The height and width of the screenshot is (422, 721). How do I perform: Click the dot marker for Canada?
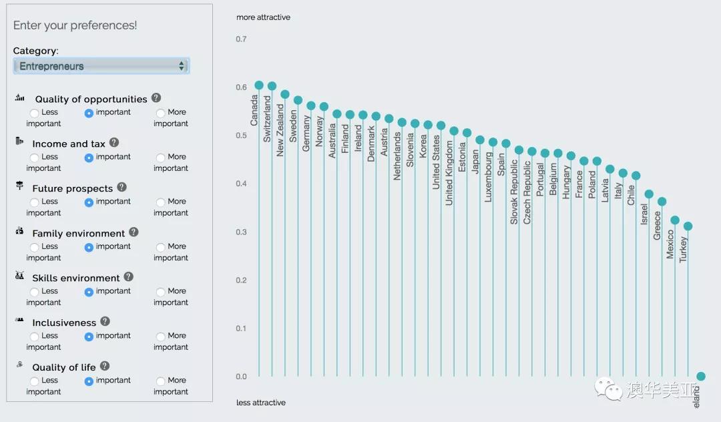click(x=259, y=85)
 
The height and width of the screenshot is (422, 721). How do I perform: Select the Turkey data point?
click(x=688, y=226)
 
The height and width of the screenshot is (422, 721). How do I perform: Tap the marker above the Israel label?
click(x=649, y=194)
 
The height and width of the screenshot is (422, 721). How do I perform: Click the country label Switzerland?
click(x=268, y=118)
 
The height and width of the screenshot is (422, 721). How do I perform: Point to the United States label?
click(x=436, y=162)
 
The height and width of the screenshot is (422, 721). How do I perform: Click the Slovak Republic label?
click(x=514, y=192)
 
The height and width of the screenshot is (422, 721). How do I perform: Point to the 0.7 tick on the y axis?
click(x=241, y=39)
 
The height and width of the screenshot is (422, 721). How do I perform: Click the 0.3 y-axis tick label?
click(x=241, y=232)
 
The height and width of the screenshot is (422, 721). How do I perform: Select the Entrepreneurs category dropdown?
click(x=101, y=66)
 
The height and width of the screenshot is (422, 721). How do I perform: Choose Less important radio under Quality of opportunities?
click(x=35, y=114)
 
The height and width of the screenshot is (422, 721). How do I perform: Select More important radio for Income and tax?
click(x=161, y=158)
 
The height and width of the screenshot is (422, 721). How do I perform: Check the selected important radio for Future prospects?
click(x=89, y=202)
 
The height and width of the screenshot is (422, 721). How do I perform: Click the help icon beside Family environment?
click(x=134, y=232)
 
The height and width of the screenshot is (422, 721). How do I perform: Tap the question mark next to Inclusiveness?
click(x=105, y=322)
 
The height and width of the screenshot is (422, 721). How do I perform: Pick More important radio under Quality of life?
click(x=161, y=381)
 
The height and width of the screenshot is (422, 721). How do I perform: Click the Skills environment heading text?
click(x=75, y=278)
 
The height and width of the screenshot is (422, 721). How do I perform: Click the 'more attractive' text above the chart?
click(x=263, y=17)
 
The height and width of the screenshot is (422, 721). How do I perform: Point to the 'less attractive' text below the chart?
click(x=261, y=403)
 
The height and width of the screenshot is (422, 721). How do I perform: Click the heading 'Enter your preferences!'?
click(x=75, y=25)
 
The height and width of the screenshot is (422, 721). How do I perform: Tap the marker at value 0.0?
click(x=701, y=377)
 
